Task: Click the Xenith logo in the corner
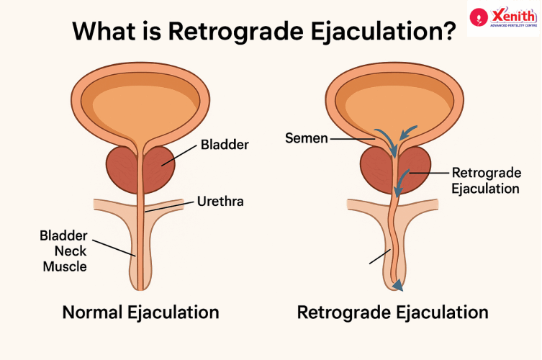[x=503, y=17]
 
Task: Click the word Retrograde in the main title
[x=236, y=31]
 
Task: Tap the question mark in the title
[x=449, y=30]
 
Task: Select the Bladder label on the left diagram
[x=225, y=145]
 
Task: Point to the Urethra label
[x=220, y=202]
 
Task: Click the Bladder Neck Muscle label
[x=63, y=251]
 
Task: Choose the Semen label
[x=306, y=138]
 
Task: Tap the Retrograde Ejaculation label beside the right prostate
[x=486, y=181]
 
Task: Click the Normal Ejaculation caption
[x=140, y=312]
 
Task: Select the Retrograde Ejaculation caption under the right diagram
[x=393, y=312]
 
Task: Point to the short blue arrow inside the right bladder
[x=408, y=132]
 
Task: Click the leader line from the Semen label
[x=353, y=139]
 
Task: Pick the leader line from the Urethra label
[x=170, y=207]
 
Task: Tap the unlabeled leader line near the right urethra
[x=380, y=256]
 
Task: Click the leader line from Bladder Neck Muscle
[x=114, y=248]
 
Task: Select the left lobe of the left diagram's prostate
[x=122, y=169]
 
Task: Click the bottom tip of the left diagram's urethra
[x=140, y=289]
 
